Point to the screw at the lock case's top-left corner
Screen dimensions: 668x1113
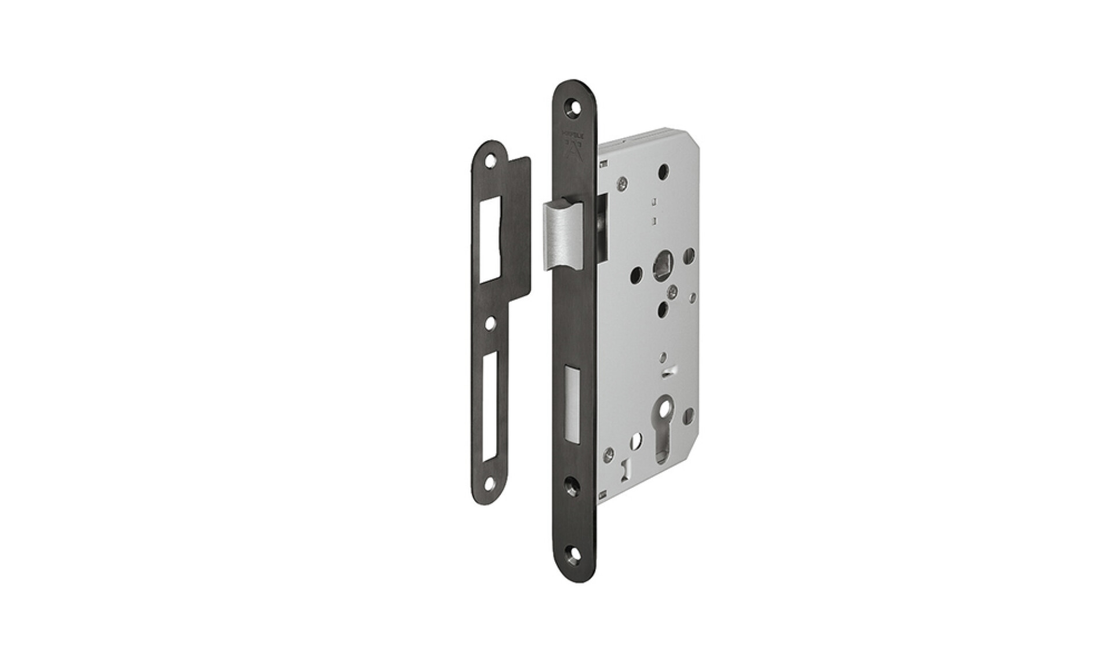coord(622,183)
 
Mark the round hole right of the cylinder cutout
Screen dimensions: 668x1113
coord(689,415)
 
